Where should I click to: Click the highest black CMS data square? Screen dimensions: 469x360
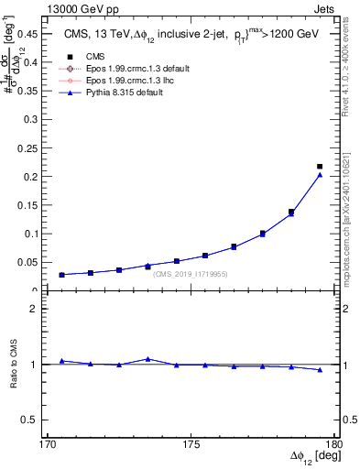coord(320,167)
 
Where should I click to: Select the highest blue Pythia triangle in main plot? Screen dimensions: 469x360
coord(320,175)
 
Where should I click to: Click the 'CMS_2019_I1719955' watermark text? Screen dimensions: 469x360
coord(191,274)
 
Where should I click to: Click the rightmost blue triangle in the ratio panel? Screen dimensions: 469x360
coord(320,370)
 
